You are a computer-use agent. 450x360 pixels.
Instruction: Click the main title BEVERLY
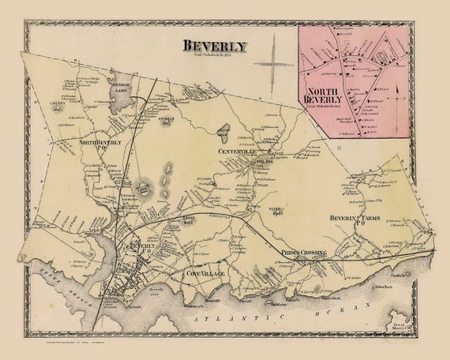[214, 45]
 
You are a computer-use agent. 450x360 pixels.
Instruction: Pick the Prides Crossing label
[303, 251]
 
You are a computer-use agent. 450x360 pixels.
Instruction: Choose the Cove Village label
[204, 273]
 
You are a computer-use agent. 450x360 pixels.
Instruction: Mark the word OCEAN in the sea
[361, 310]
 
